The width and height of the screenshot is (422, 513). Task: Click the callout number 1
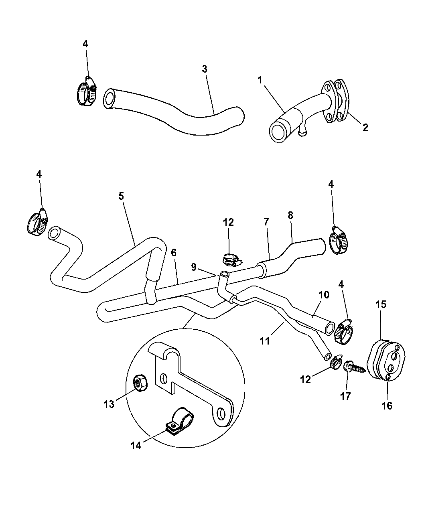(x=260, y=80)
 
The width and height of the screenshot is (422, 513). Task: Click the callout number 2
(x=365, y=128)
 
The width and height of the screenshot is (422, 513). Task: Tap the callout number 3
(x=205, y=69)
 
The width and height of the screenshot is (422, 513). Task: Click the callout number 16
(x=387, y=406)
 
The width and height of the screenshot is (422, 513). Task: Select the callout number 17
(x=345, y=396)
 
